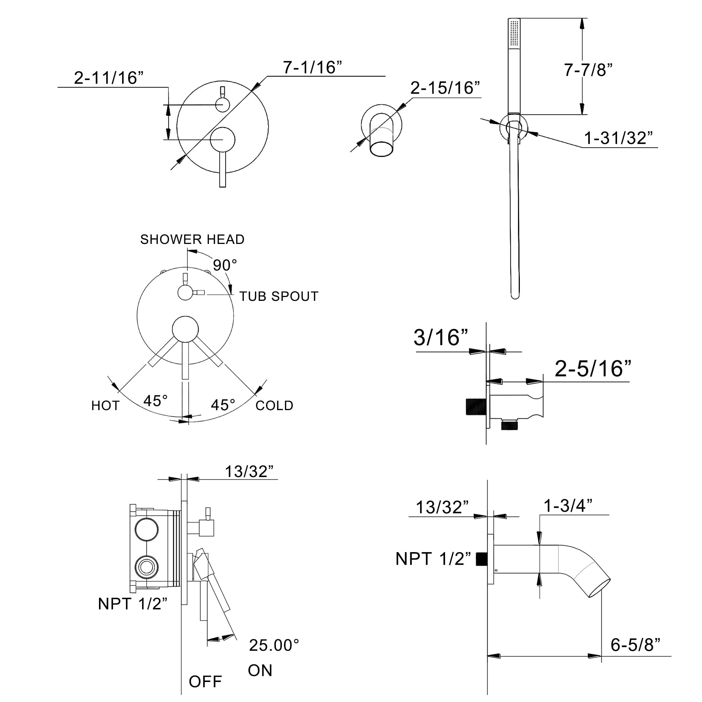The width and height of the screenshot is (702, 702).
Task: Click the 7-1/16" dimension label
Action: click(x=312, y=67)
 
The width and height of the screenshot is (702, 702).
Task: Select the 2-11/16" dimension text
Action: click(x=109, y=78)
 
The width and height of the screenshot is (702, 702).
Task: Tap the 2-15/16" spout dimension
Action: click(x=445, y=88)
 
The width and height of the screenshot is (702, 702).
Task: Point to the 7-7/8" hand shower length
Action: click(x=588, y=70)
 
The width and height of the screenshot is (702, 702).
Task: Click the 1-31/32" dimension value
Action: click(x=618, y=138)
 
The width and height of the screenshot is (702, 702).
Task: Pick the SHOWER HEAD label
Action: click(x=192, y=239)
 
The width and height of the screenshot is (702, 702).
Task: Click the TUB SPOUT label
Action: click(x=279, y=297)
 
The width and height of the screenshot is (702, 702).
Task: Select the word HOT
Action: click(x=105, y=405)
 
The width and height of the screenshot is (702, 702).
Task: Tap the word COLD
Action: click(x=274, y=405)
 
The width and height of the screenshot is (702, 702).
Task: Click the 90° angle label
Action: click(x=225, y=265)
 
